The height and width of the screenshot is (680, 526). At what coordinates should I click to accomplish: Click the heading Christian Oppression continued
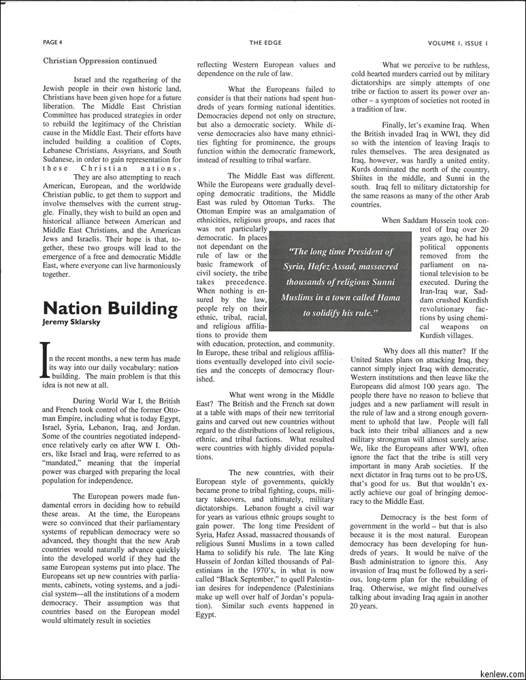pos(99,61)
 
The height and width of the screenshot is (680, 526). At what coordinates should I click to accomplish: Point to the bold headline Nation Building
pos(110,308)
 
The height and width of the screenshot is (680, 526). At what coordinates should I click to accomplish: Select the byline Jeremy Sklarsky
pos(71,322)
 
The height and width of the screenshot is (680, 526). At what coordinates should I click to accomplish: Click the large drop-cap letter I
pos(46,360)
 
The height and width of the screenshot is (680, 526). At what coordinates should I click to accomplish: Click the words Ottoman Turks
pos(308,202)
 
